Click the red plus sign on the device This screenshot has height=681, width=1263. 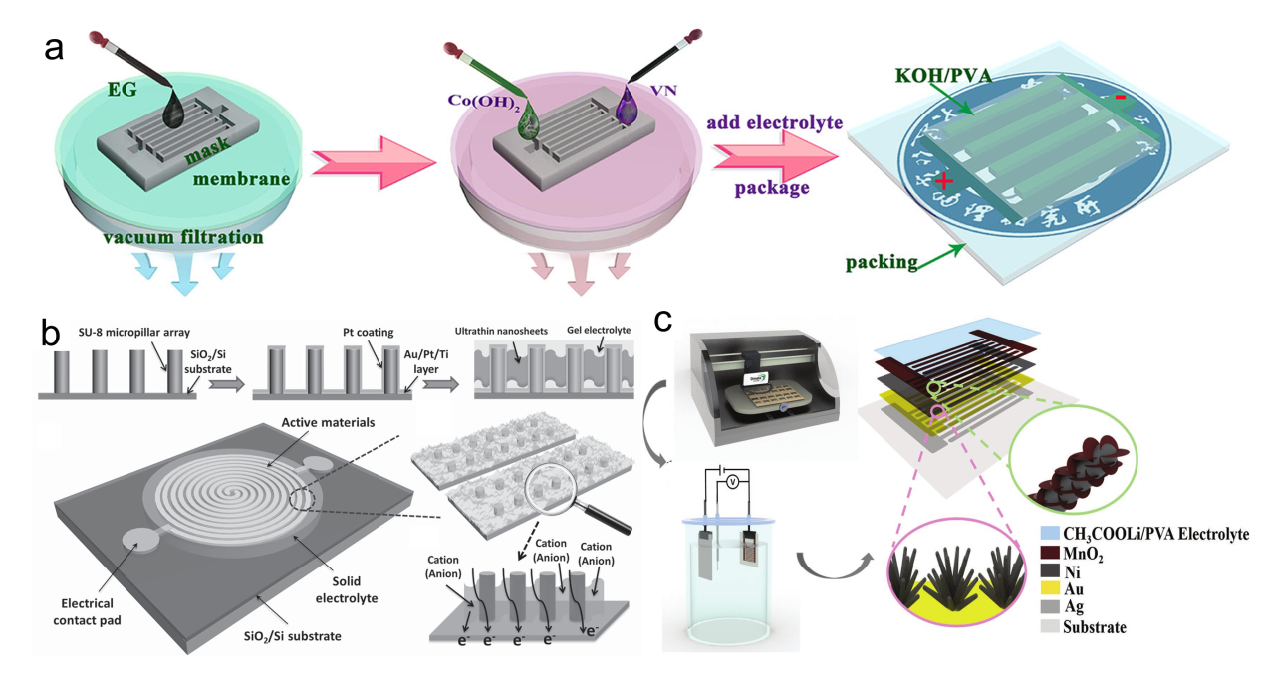[x=941, y=182]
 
